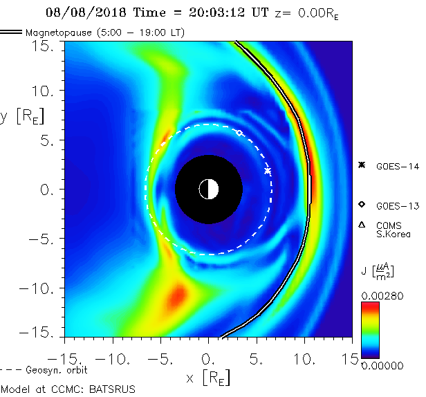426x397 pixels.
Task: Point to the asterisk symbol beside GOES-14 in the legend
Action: tap(361, 165)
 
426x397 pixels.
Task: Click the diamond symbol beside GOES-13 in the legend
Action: tap(361, 205)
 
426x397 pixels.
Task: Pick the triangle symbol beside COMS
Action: tap(361, 225)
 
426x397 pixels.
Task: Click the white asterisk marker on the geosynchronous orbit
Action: tap(268, 170)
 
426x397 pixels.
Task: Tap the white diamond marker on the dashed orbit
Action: tap(239, 132)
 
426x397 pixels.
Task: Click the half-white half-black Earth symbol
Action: tap(208, 189)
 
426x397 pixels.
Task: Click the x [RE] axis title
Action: tap(207, 378)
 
